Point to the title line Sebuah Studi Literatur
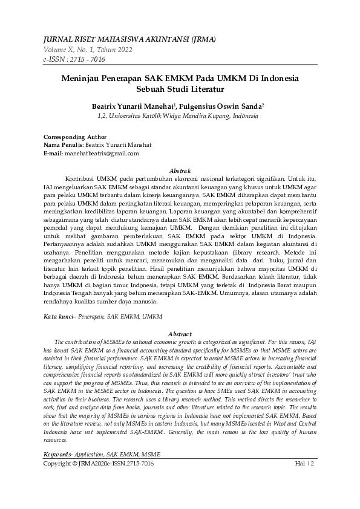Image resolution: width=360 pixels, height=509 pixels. (x=180, y=89)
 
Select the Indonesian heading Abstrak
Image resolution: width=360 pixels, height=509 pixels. (x=180, y=171)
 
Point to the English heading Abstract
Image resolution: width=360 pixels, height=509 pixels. (x=180, y=334)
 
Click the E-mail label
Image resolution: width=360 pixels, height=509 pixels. (x=53, y=154)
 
